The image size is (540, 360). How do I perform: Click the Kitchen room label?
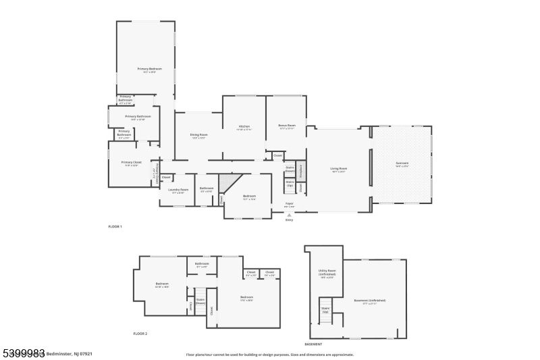(244, 127)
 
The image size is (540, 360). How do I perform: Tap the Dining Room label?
(198, 135)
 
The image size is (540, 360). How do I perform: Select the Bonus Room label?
(288, 126)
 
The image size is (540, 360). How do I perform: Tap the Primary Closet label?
(131, 163)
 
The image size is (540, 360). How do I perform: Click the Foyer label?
(290, 203)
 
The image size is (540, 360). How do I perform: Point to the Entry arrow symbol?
(290, 214)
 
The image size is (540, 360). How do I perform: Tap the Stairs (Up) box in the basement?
(325, 310)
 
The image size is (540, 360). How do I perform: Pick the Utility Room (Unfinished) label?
(326, 275)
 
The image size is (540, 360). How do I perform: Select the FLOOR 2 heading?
(140, 334)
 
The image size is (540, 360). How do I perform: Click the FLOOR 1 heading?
(115, 226)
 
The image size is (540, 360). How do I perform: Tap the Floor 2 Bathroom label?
(202, 264)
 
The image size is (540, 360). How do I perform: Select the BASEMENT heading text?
(314, 344)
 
